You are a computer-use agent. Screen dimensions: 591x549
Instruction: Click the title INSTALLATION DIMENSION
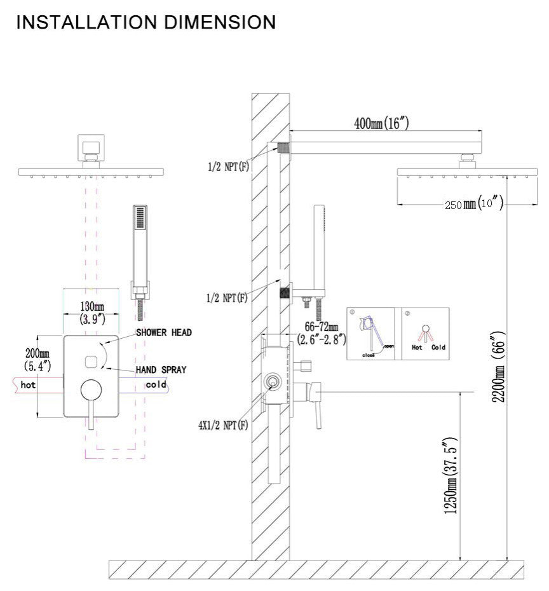(x=146, y=22)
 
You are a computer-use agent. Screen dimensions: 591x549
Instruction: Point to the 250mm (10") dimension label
(x=473, y=204)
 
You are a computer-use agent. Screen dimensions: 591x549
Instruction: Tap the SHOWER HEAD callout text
(x=163, y=332)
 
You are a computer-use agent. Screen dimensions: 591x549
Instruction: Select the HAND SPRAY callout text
(x=161, y=370)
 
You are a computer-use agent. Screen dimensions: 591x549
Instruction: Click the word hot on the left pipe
(x=29, y=384)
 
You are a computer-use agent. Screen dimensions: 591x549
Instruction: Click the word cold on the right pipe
(x=156, y=384)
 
